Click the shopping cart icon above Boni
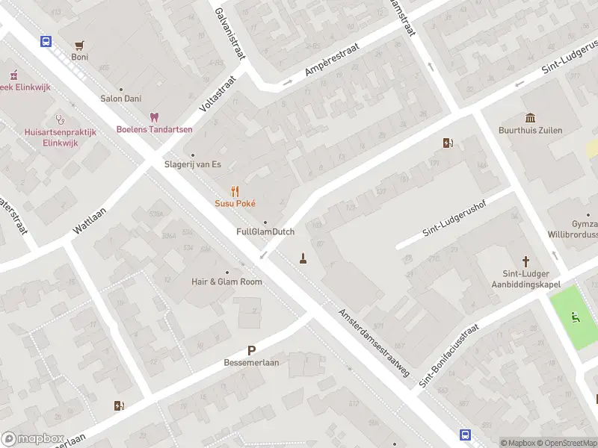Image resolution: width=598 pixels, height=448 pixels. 79,45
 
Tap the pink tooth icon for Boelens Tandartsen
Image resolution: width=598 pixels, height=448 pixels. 155,117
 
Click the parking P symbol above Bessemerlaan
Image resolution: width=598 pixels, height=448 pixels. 251,350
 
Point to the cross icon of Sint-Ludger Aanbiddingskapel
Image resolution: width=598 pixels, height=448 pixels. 526,261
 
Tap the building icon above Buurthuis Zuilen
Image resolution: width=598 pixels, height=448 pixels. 531,118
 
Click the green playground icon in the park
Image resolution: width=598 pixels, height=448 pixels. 575,317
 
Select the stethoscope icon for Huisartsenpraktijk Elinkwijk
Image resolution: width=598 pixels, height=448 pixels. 60,119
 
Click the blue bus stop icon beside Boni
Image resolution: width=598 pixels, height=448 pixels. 46,42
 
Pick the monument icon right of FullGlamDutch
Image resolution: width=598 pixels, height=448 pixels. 303,258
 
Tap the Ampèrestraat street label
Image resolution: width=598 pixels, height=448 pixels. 332,60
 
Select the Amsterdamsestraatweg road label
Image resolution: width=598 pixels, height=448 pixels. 374,343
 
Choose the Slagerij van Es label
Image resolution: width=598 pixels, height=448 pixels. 193,165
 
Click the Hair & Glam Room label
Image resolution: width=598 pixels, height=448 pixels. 227,281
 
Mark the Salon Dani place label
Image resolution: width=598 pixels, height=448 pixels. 121,99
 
